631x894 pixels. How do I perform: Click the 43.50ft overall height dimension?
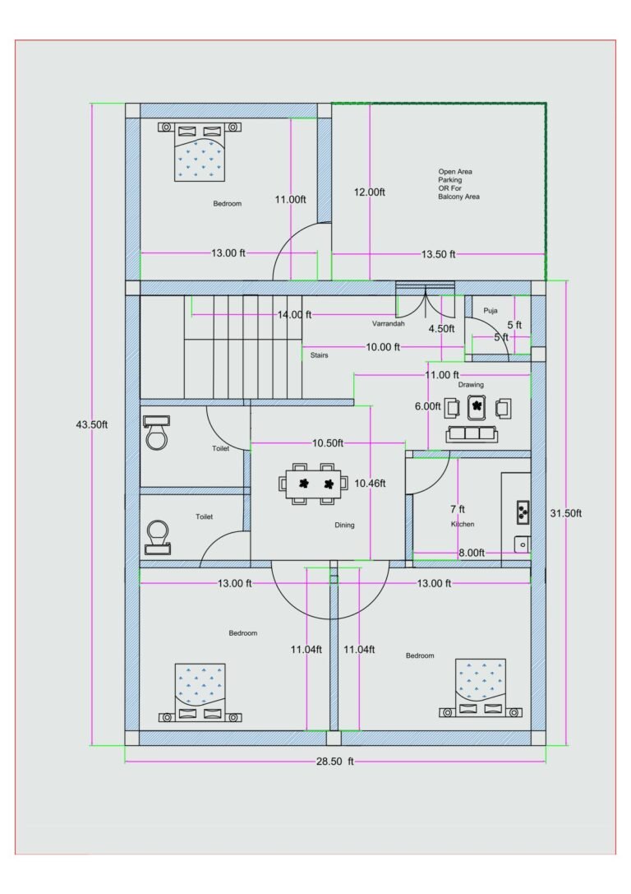click(x=92, y=424)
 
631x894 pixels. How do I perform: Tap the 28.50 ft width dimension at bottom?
click(x=334, y=762)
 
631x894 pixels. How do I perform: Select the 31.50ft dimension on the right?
click(x=565, y=512)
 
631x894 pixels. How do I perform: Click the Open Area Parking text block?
click(x=458, y=184)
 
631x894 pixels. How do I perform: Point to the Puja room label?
click(x=491, y=310)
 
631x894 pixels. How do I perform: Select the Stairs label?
click(x=319, y=355)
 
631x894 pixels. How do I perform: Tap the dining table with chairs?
click(x=315, y=484)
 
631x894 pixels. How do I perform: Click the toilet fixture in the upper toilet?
click(x=156, y=433)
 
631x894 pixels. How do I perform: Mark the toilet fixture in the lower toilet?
click(x=156, y=536)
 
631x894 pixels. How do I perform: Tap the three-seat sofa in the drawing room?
click(x=472, y=433)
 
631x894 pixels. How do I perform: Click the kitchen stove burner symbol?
click(x=522, y=512)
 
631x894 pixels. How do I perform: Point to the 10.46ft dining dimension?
click(x=370, y=484)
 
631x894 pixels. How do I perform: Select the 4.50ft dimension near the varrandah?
click(x=441, y=328)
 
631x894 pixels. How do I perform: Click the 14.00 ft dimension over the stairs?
click(x=294, y=314)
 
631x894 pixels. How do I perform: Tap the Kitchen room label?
click(x=463, y=524)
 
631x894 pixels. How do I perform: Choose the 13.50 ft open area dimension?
click(x=438, y=254)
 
